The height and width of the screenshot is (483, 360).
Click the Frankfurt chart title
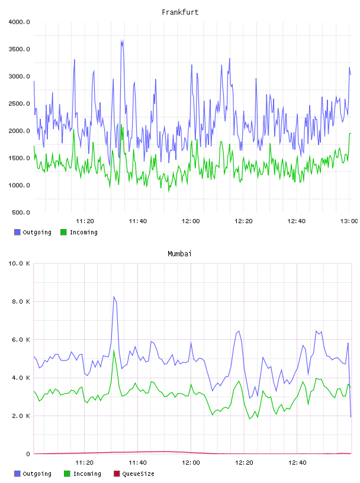[180, 12]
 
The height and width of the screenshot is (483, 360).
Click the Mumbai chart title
[179, 253]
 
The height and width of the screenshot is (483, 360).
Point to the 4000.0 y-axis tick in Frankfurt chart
[19, 22]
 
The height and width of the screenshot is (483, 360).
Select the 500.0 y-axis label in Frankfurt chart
[21, 212]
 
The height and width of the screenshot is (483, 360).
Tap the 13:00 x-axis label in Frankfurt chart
[349, 221]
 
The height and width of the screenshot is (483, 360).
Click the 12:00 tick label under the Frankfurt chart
[191, 221]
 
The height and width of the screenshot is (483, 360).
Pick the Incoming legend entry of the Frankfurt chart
[79, 232]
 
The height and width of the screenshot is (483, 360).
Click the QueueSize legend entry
[134, 474]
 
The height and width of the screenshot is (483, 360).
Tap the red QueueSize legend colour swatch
[117, 474]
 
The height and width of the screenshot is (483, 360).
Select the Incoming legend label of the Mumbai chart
[87, 474]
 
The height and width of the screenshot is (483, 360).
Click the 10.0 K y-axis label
[19, 263]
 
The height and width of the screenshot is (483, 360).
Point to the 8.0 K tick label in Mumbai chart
[21, 301]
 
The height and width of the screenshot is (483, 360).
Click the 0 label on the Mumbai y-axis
[28, 454]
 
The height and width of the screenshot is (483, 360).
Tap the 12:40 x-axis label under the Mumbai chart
[297, 462]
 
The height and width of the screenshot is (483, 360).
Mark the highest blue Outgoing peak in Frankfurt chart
[122, 40]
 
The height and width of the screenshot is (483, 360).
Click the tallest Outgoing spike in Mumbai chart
[114, 297]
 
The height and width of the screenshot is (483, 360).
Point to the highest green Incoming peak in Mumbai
[114, 351]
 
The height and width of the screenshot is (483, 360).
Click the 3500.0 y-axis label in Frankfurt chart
[19, 49]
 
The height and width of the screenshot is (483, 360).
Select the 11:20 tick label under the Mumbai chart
[84, 462]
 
